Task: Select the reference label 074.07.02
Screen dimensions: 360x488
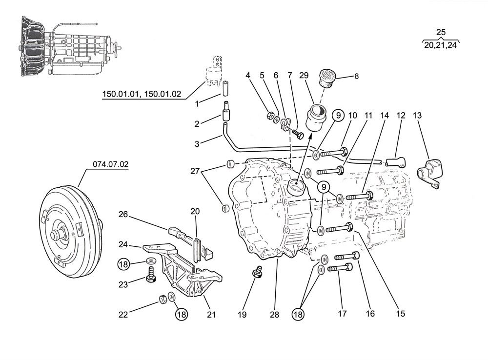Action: (111, 164)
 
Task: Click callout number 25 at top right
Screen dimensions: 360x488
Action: (441, 32)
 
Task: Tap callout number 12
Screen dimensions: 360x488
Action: (401, 116)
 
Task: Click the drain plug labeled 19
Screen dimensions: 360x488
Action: (256, 273)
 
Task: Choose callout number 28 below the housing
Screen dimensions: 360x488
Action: (274, 315)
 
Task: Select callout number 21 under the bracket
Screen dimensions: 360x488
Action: (211, 315)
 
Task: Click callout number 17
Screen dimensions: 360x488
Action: (343, 314)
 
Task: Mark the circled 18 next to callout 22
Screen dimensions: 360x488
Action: (182, 314)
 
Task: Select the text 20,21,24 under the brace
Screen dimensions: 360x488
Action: (441, 45)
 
